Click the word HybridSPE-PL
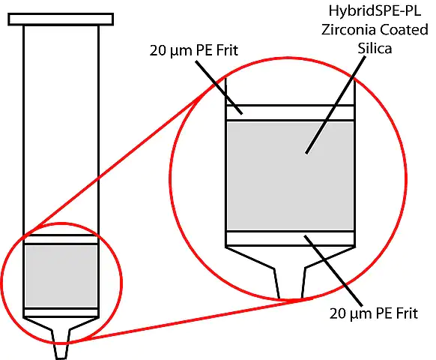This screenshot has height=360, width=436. point(375,12)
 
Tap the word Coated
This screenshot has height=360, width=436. point(404,29)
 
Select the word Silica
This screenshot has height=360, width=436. point(375,48)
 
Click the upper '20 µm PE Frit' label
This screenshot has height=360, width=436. point(194,51)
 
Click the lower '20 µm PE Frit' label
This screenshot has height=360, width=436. point(373,313)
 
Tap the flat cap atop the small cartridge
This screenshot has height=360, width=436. point(61,19)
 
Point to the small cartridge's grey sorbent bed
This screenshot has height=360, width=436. point(61,276)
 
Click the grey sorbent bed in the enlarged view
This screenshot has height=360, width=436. point(291,175)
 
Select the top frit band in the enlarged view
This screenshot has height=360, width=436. point(291,112)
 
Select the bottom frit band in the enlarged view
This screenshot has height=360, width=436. point(291,238)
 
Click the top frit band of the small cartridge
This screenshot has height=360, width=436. point(61,239)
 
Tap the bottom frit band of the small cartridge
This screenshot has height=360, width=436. point(61,313)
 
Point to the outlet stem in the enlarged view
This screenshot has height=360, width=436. point(291,283)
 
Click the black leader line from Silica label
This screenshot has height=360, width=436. point(336,105)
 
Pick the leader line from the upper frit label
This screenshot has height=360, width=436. point(219,87)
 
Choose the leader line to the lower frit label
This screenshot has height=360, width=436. point(333,271)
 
